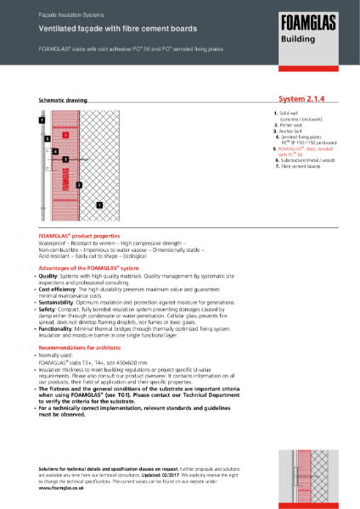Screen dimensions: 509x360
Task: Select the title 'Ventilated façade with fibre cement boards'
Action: point(101,28)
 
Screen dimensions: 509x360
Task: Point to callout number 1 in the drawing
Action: point(99,204)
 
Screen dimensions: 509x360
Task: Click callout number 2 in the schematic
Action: point(79,184)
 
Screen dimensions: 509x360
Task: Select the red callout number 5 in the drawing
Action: point(65,134)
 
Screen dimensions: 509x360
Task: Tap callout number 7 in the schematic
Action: point(41,121)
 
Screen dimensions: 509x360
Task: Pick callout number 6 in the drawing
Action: point(48,137)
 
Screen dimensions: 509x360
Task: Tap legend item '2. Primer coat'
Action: point(291,125)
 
